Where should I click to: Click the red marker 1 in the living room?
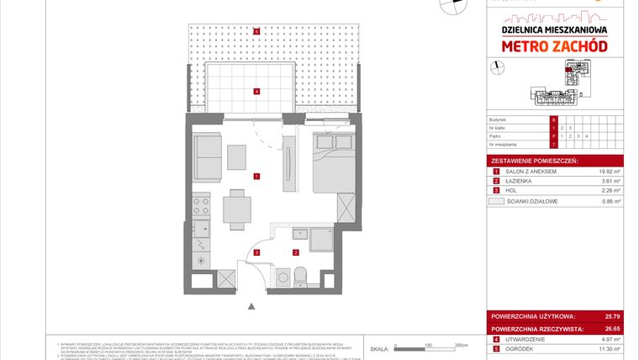click(256, 176)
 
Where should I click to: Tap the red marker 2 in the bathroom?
click(295, 251)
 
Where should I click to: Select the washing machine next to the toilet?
click(283, 276)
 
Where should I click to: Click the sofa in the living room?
click(206, 155)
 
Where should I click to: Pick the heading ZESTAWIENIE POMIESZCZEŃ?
click(532, 159)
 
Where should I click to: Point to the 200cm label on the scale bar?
click(460, 345)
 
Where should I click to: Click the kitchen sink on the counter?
click(203, 227)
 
